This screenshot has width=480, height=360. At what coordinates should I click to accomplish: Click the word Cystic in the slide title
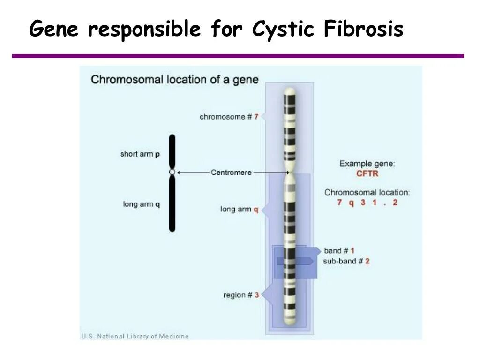pyautogui.click(x=283, y=30)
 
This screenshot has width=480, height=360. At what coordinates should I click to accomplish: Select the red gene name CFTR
pyautogui.click(x=367, y=173)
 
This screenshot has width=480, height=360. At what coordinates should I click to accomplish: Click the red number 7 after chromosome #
pyautogui.click(x=256, y=117)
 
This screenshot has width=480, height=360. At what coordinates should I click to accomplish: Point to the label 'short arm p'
pyautogui.click(x=140, y=154)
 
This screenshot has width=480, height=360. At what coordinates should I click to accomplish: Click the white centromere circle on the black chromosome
pyautogui.click(x=172, y=172)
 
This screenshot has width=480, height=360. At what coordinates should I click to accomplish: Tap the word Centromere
pyautogui.click(x=231, y=172)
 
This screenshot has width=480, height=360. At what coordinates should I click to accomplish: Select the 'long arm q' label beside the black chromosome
pyautogui.click(x=142, y=204)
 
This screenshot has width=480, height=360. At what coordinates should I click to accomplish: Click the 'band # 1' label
pyautogui.click(x=339, y=251)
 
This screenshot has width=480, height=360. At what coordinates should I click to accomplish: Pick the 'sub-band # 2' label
pyautogui.click(x=346, y=261)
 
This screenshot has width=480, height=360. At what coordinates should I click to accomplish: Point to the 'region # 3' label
pyautogui.click(x=241, y=295)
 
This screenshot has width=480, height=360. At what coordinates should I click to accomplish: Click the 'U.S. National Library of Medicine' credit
pyautogui.click(x=135, y=336)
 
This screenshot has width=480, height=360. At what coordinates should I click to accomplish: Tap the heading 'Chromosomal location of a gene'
pyautogui.click(x=174, y=79)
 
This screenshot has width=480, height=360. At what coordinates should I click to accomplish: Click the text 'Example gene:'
pyautogui.click(x=367, y=164)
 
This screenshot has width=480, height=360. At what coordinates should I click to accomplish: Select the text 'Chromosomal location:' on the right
pyautogui.click(x=367, y=192)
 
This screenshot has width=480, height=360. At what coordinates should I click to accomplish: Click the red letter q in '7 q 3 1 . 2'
pyautogui.click(x=351, y=203)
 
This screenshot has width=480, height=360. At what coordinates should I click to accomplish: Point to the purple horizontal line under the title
pyautogui.click(x=238, y=56)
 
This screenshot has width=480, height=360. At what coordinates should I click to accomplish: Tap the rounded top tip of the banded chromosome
pyautogui.click(x=290, y=91)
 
